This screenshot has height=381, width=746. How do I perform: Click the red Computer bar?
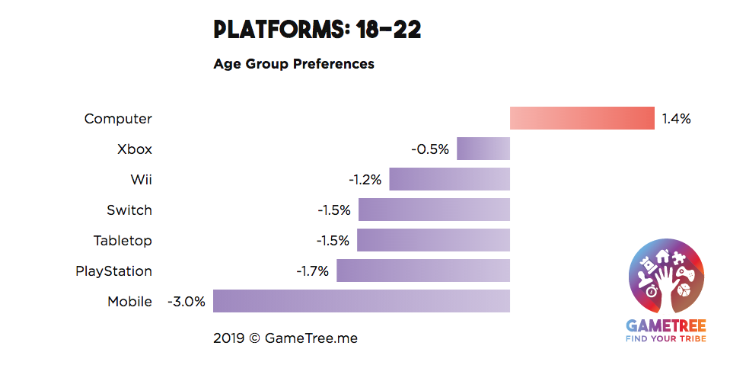click(582, 118)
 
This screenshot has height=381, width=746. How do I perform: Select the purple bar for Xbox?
click(483, 149)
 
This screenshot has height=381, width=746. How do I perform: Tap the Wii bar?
click(449, 179)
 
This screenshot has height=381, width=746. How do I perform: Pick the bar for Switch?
click(434, 210)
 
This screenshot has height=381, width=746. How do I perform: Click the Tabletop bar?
click(433, 240)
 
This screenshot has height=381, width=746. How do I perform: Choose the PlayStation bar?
click(423, 271)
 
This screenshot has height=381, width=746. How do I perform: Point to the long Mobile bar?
click(362, 301)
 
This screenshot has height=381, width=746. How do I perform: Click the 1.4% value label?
click(676, 119)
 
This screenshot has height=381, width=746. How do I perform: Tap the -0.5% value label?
click(430, 149)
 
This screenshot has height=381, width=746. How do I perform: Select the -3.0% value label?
click(186, 302)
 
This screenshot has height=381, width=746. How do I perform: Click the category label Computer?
click(118, 119)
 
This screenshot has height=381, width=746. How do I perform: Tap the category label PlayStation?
click(113, 271)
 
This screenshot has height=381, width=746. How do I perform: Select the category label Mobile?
click(129, 302)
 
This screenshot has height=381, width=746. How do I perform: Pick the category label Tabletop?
click(123, 241)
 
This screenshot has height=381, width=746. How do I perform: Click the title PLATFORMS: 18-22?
click(317, 30)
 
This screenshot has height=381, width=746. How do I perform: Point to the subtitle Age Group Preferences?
click(294, 64)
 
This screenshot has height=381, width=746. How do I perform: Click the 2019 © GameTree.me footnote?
click(285, 338)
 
